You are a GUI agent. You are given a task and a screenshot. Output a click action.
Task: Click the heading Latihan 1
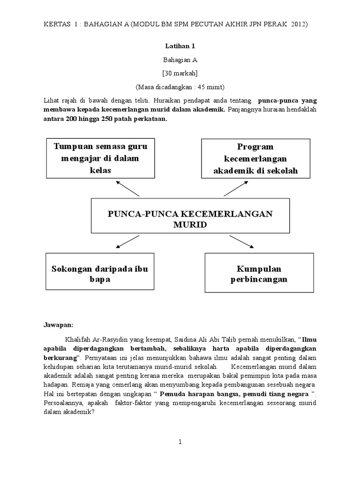[180, 46]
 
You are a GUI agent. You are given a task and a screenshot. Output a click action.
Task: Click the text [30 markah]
[180, 73]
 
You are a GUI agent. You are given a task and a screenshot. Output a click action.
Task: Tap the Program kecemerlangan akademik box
[255, 158]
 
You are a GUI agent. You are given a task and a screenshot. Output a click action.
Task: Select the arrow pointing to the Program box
[236, 188]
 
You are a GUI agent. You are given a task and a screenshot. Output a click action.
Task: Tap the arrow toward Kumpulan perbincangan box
[242, 241]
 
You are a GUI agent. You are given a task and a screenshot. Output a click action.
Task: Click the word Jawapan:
[59, 324]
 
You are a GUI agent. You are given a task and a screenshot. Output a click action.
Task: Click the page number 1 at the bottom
[180, 442]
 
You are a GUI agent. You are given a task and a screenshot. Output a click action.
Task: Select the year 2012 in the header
[299, 24]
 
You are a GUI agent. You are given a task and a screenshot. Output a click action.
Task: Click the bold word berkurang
[60, 357]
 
